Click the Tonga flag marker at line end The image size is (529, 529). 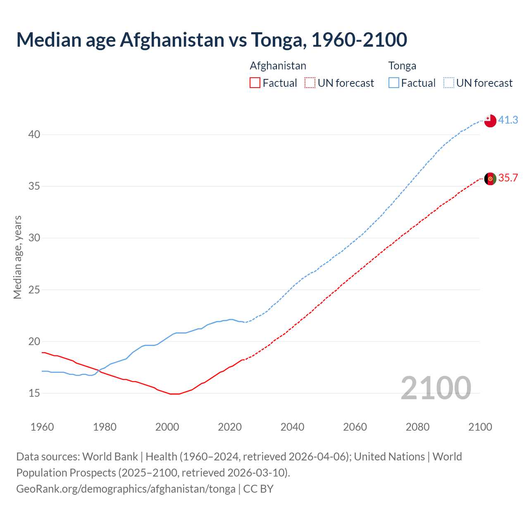(x=490, y=121)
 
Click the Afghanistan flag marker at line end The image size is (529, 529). (x=490, y=179)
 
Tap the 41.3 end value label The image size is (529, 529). (x=508, y=120)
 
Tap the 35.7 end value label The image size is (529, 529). (x=508, y=178)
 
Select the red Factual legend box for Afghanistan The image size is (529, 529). (x=255, y=83)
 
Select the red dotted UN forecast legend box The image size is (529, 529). (x=310, y=83)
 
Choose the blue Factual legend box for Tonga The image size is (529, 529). (x=394, y=83)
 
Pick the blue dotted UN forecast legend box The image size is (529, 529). (x=449, y=83)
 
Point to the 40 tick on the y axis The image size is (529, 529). (x=34, y=135)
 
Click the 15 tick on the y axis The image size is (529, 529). (x=34, y=393)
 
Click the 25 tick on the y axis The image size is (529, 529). (x=34, y=290)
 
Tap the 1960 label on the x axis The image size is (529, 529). (x=42, y=427)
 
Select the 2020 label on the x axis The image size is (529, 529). (x=230, y=427)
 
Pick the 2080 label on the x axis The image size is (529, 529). (x=417, y=427)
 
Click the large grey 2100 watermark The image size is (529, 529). (x=436, y=388)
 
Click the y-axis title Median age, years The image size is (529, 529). (x=17, y=257)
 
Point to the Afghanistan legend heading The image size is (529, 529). (x=278, y=66)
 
